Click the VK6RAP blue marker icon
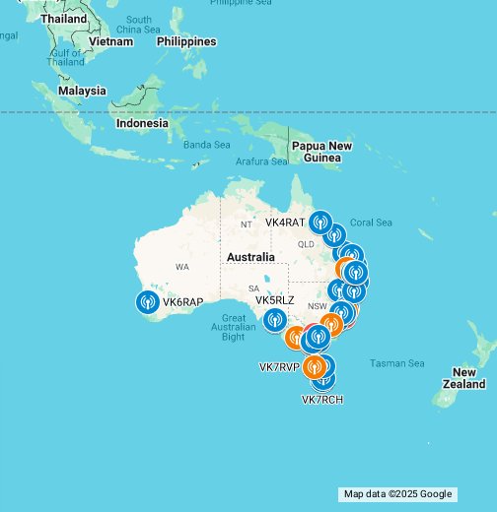pyautogui.click(x=148, y=301)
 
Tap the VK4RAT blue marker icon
pyautogui.click(x=319, y=223)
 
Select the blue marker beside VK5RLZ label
pyautogui.click(x=275, y=319)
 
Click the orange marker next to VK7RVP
pyautogui.click(x=315, y=367)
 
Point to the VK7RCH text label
pyautogui.click(x=321, y=399)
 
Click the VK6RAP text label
pyautogui.click(x=182, y=302)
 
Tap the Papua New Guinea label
pyautogui.click(x=321, y=152)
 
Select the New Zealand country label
pyautogui.click(x=463, y=378)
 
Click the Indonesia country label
pyautogui.click(x=142, y=124)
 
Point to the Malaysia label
pyautogui.click(x=82, y=91)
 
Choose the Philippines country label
pyautogui.click(x=186, y=41)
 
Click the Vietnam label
pyautogui.click(x=110, y=41)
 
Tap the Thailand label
pyautogui.click(x=63, y=19)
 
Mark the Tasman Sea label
pyautogui.click(x=396, y=363)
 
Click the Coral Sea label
pyautogui.click(x=371, y=223)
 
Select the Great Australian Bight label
pyautogui.click(x=234, y=328)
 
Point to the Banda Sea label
pyautogui.click(x=207, y=145)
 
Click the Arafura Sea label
pyautogui.click(x=260, y=161)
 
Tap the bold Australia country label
pyautogui.click(x=250, y=257)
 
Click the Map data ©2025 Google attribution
pyautogui.click(x=397, y=494)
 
